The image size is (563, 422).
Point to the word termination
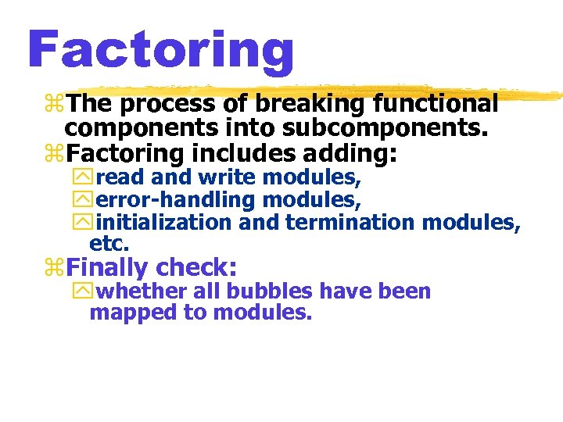350,223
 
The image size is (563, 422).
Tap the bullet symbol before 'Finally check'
55,268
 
